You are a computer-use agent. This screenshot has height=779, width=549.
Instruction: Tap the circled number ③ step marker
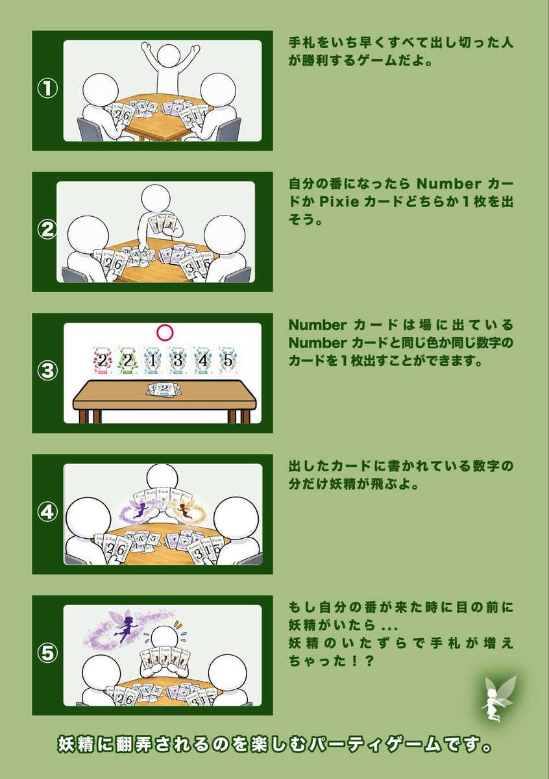[47, 372]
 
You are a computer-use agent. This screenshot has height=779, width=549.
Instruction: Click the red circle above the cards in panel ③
[165, 333]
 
